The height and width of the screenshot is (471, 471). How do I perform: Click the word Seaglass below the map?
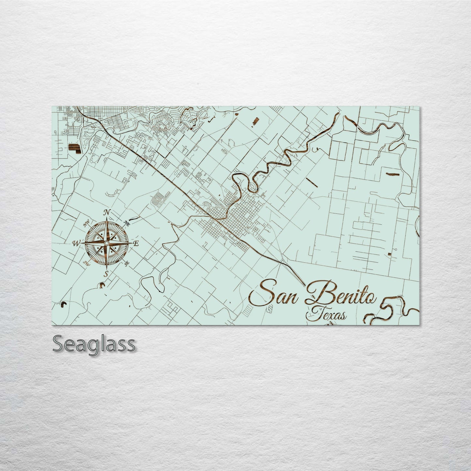click(x=94, y=344)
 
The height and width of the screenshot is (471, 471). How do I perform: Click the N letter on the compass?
click(x=106, y=213)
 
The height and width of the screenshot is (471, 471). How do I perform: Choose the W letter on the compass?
click(x=76, y=243)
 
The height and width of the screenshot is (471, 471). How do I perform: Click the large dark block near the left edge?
click(x=74, y=149)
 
